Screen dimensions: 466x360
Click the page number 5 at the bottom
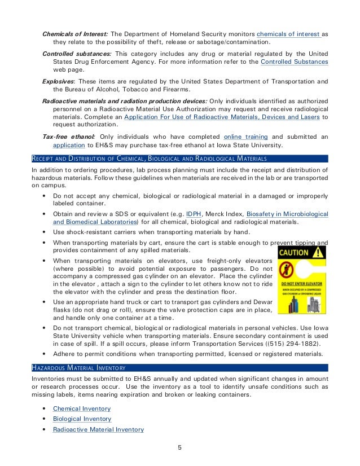[179, 449]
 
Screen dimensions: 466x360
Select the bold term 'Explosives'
[62, 80]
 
